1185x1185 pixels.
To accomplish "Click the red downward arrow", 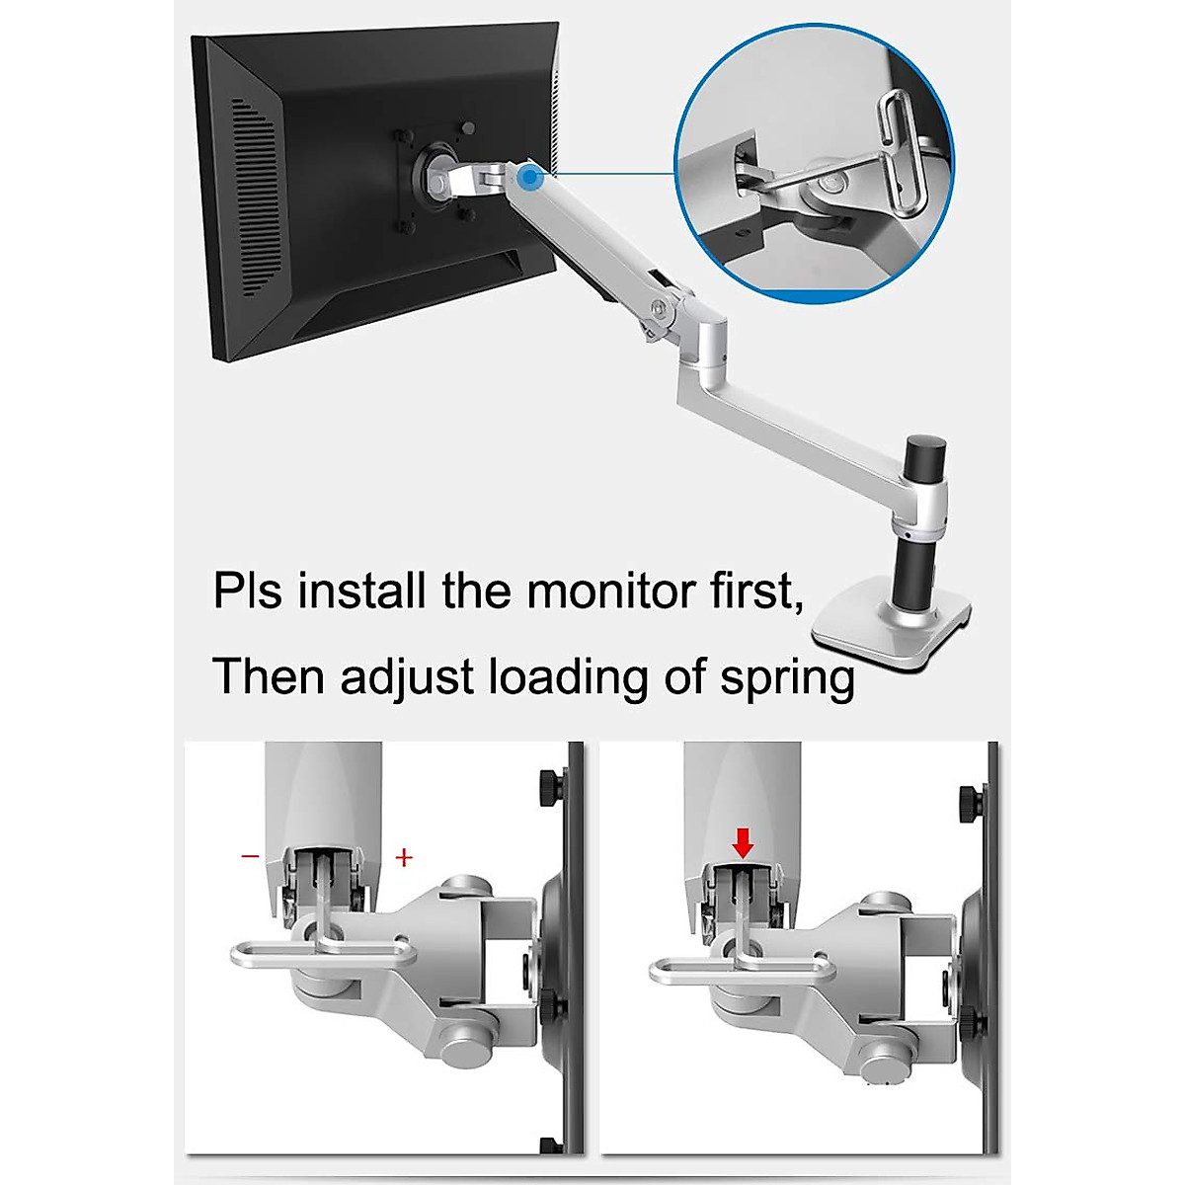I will pyautogui.click(x=744, y=842).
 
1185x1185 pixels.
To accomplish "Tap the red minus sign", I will pyautogui.click(x=250, y=856).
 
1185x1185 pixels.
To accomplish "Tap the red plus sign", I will pyautogui.click(x=403, y=857).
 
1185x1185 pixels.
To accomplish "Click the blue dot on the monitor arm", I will pyautogui.click(x=530, y=179).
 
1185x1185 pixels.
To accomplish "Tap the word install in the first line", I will pyautogui.click(x=363, y=592).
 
